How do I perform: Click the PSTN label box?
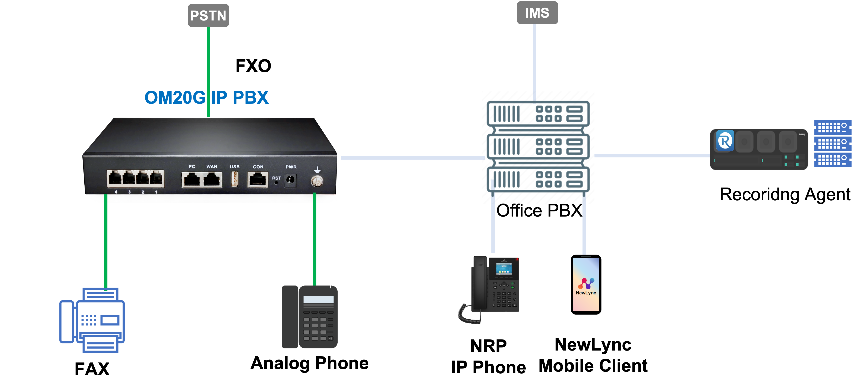pyautogui.click(x=208, y=15)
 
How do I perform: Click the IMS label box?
pyautogui.click(x=537, y=13)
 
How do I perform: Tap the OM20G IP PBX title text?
pyautogui.click(x=206, y=98)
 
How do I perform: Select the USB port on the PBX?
pyautogui.click(x=234, y=179)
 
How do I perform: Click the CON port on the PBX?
pyautogui.click(x=257, y=180)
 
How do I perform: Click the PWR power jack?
pyautogui.click(x=290, y=180)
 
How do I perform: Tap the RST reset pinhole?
pyautogui.click(x=276, y=183)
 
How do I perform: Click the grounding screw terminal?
pyautogui.click(x=317, y=181)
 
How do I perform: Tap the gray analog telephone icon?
pyautogui.click(x=310, y=317)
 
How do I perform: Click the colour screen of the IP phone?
pyautogui.click(x=504, y=269)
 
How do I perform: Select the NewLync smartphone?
pyautogui.click(x=586, y=285)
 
